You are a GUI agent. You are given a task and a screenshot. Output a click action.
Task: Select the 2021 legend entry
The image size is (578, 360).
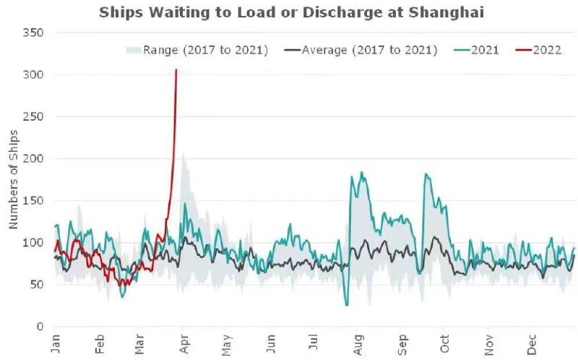pos(483,50)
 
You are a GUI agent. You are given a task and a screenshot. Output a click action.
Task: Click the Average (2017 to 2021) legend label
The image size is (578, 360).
pos(368,50)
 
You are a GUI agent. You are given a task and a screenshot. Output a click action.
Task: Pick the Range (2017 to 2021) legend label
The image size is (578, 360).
pos(205,50)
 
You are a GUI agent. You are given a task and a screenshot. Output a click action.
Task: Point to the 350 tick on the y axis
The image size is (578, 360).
pos(33,33)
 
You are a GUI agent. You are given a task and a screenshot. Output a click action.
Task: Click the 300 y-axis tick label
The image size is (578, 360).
pos(33,75)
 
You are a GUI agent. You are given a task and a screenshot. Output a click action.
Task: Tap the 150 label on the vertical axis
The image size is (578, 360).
pos(33,200)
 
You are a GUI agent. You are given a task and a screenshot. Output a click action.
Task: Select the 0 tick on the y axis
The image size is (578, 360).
pos(40,327)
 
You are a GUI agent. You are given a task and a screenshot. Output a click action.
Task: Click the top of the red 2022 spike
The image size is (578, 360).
pos(176,70)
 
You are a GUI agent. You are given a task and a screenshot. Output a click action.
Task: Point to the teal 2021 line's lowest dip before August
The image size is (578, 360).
pos(347,305)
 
